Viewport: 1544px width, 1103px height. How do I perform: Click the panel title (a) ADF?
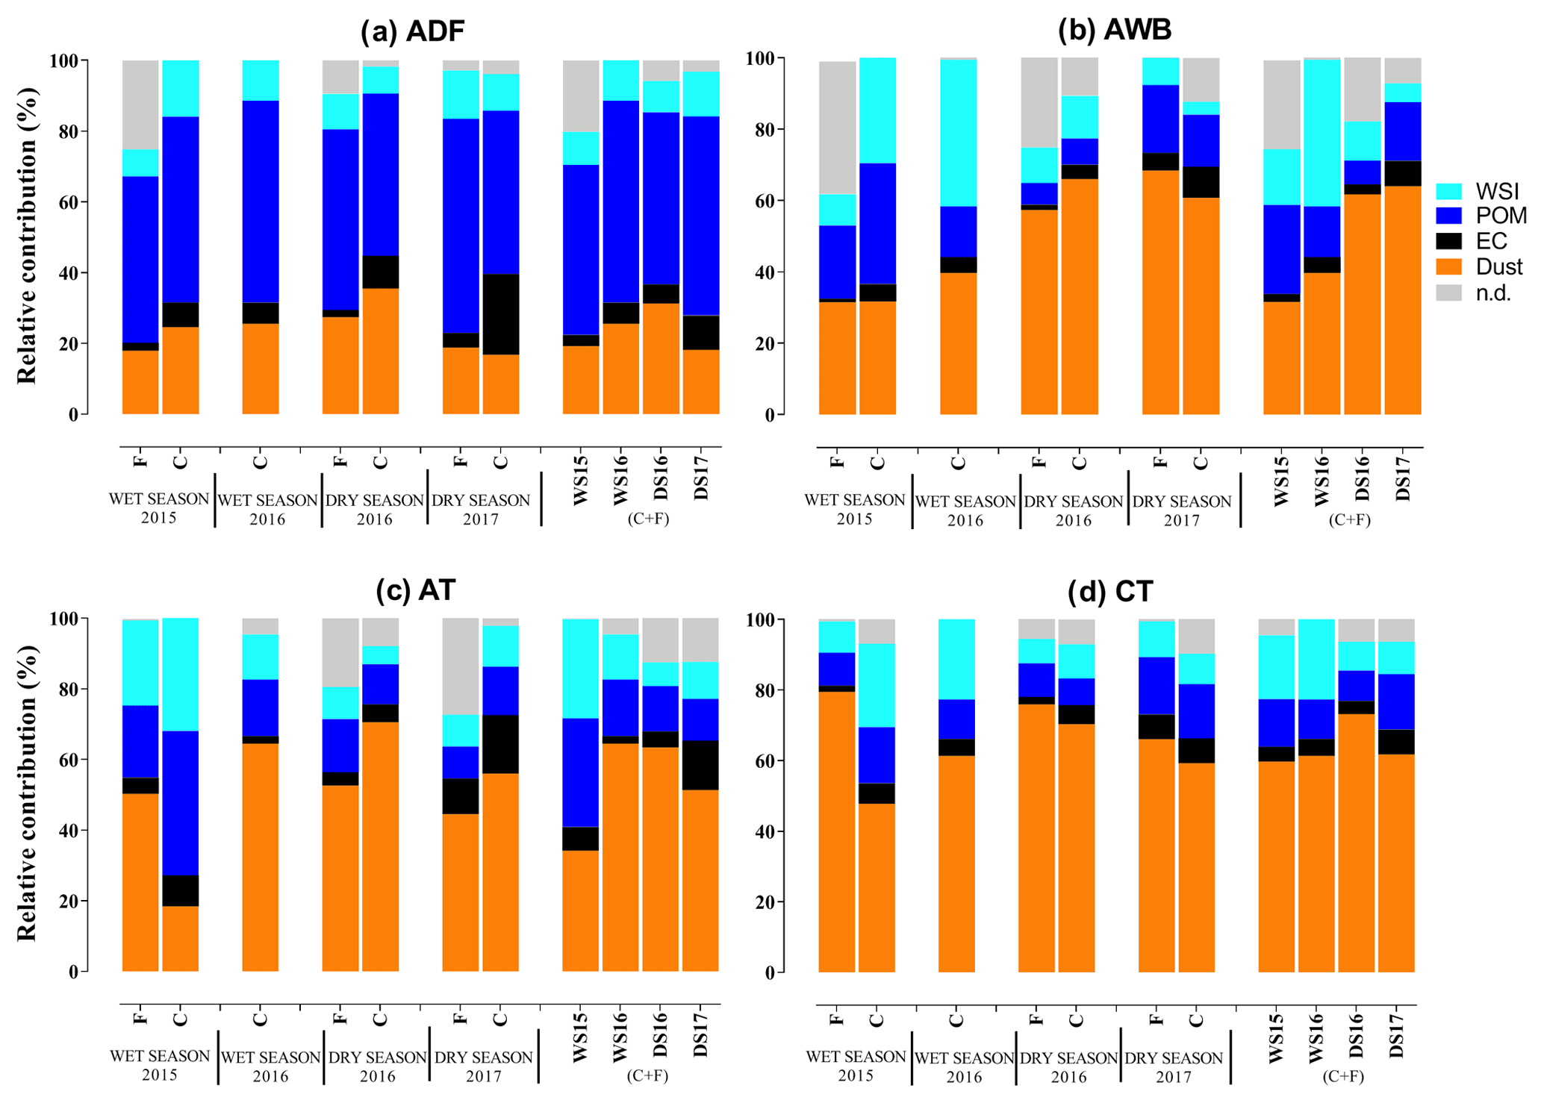coord(412,31)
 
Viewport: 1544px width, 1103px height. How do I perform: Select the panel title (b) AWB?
coord(1114,30)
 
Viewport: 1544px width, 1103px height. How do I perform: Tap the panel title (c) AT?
coord(415,590)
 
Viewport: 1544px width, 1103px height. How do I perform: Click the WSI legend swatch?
coord(1448,191)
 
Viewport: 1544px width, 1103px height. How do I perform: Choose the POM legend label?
coord(1501,216)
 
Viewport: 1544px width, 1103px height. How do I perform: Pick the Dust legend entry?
coord(1498,267)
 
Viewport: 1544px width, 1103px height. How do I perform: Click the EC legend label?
coord(1492,242)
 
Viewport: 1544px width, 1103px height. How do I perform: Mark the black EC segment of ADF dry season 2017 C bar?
coord(501,314)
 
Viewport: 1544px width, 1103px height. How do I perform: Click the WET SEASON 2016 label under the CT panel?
coord(964,1067)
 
